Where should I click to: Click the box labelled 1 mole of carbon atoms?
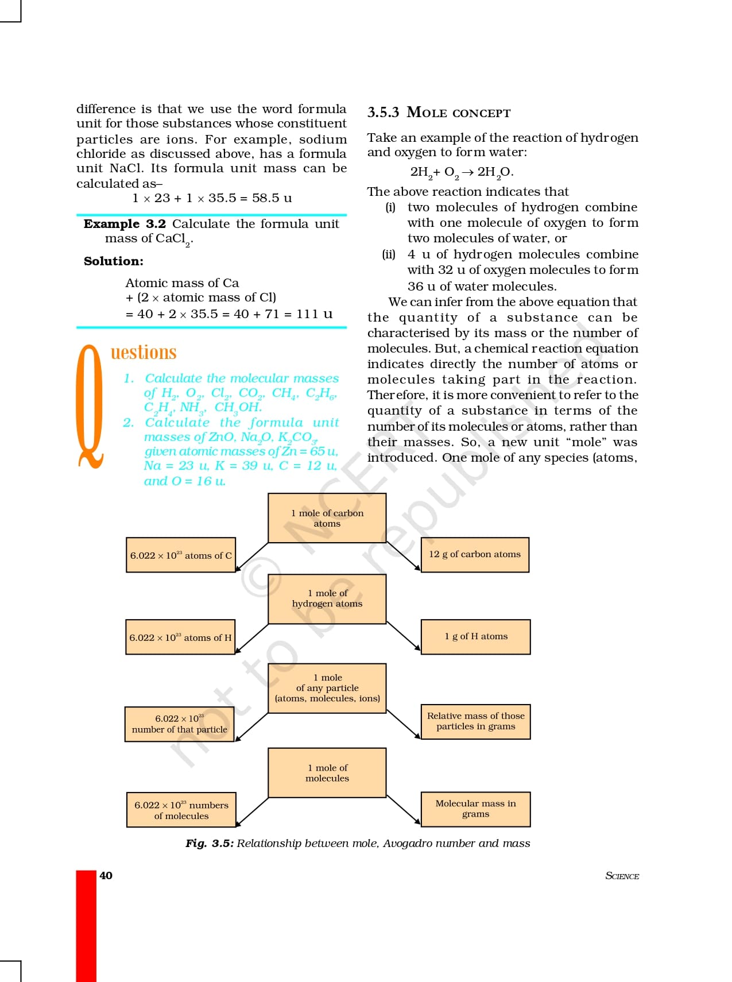[327, 518]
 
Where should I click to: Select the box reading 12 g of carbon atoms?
[475, 555]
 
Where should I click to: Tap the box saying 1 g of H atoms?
[475, 636]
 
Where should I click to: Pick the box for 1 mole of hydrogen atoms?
[327, 598]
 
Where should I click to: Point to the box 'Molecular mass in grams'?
[475, 809]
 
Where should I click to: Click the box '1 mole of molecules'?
[327, 773]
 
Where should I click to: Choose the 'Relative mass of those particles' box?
[475, 721]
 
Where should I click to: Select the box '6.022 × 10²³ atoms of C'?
[181, 555]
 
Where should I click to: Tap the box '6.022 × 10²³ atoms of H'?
[180, 637]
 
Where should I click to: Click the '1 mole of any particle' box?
[327, 688]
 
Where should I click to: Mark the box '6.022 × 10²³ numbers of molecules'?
[181, 810]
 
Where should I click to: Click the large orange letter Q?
[90, 405]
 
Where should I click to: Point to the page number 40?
[106, 876]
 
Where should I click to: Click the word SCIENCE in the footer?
[622, 876]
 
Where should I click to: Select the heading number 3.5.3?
[383, 113]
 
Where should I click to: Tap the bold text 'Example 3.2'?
[125, 224]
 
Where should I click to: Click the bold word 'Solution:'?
[114, 261]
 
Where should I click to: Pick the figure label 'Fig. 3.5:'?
[210, 844]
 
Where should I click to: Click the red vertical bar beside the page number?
[86, 925]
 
